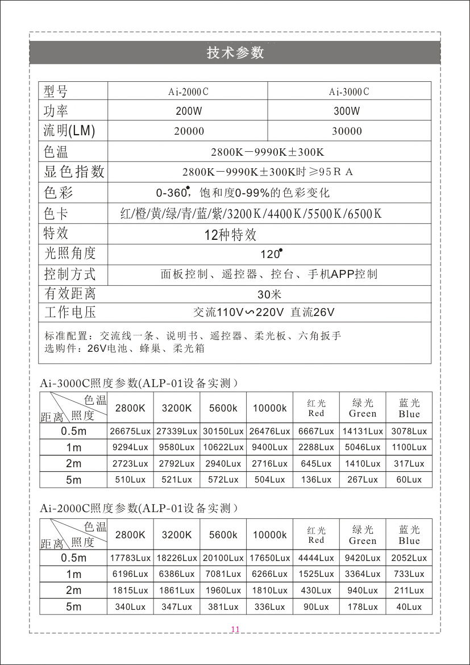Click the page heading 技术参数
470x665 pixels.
235,53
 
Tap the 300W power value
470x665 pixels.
347,111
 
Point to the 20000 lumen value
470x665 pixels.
189,131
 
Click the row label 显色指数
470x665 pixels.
74,172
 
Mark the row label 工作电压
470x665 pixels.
70,312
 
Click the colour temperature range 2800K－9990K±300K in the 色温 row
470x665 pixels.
267,152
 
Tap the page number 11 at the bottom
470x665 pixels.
235,629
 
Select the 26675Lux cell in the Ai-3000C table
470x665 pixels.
130,431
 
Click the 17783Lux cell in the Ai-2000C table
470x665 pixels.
130,558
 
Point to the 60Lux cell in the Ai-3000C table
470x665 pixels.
409,480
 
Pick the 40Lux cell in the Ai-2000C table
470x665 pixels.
409,607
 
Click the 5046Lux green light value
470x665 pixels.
363,447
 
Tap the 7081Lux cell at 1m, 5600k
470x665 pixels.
223,574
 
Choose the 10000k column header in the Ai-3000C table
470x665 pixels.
270,408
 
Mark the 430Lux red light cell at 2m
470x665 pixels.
316,591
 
